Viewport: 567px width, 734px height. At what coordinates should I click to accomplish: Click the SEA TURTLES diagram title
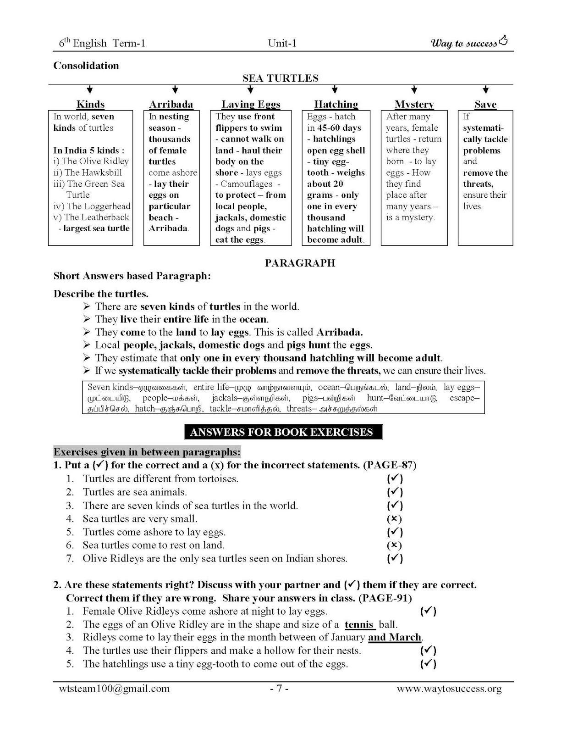pos(280,78)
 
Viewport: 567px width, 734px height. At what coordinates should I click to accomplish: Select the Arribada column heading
pos(171,104)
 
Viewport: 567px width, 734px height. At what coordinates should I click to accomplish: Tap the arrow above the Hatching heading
pos(335,89)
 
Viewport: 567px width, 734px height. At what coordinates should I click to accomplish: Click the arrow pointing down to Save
pos(485,89)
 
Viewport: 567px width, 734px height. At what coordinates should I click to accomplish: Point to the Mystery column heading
pos(414,104)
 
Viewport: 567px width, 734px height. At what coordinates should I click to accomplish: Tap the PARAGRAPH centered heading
pos(300,263)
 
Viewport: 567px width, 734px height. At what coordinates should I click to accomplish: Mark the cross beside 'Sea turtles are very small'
pos(394,519)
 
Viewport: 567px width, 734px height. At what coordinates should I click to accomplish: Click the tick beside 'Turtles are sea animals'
pos(395,492)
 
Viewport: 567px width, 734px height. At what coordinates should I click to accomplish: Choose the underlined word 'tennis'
pos(360,624)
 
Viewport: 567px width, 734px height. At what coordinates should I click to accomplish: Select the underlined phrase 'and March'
pos(395,637)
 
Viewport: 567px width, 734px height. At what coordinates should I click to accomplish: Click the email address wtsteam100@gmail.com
pos(114,689)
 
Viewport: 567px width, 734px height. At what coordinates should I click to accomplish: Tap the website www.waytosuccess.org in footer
pos(449,689)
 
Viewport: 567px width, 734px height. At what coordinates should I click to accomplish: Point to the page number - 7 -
pos(279,689)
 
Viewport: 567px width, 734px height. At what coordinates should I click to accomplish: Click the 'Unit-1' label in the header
pos(282,43)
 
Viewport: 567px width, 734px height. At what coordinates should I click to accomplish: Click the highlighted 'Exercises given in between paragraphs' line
pos(147,452)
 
